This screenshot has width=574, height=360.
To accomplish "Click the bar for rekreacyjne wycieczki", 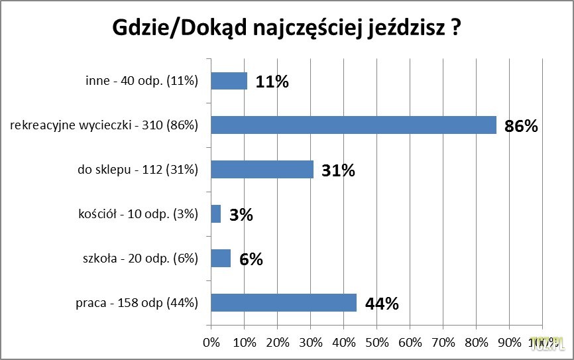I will [353, 125].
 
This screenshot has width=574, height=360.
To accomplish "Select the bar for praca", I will [284, 302].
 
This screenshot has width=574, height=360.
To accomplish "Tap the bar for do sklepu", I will [262, 169].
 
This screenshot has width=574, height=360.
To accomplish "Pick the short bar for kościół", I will [215, 213].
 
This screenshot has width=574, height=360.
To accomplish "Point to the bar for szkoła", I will [221, 258].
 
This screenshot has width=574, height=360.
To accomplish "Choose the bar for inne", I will [229, 81].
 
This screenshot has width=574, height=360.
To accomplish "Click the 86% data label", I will [520, 126].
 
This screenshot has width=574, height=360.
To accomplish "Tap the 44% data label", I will [381, 304].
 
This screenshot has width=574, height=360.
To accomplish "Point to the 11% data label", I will [272, 82].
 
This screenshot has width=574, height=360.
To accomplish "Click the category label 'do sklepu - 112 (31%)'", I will [138, 170].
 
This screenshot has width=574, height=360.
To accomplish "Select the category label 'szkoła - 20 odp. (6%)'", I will [138, 259].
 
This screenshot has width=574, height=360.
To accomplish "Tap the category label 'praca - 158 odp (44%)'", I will [137, 303].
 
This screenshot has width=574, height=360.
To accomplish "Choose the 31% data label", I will [338, 170].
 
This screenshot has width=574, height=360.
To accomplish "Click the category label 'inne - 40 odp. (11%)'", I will [142, 81].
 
